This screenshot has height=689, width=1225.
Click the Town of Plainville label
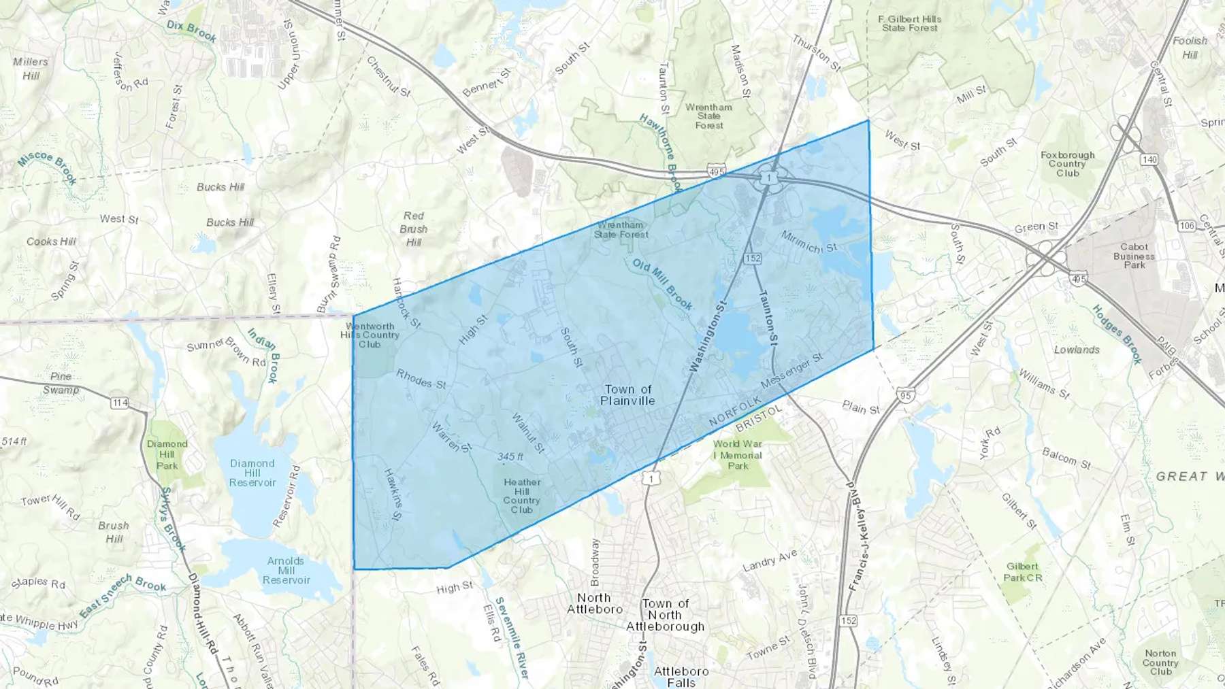[627, 395]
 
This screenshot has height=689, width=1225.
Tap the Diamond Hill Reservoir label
[252, 473]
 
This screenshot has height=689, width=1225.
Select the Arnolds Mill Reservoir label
[286, 571]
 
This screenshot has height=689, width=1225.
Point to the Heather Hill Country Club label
[522, 496]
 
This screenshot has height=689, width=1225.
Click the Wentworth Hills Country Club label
[370, 335]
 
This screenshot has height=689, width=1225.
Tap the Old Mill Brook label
[662, 284]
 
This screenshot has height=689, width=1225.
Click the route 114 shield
[120, 403]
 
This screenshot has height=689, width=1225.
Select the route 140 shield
[1149, 160]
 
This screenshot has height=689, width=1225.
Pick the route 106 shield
[1187, 226]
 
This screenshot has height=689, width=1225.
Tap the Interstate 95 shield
[905, 395]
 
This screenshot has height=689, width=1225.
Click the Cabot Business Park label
[1134, 256]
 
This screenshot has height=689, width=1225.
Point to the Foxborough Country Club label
[1067, 164]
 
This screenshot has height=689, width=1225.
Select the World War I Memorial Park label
[738, 455]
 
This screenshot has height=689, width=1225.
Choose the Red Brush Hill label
[414, 229]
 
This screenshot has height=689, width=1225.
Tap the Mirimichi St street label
[808, 242]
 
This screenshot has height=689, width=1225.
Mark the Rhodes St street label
[421, 379]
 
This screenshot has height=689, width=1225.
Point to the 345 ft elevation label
[510, 456]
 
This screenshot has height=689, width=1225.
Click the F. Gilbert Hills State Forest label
[909, 23]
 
